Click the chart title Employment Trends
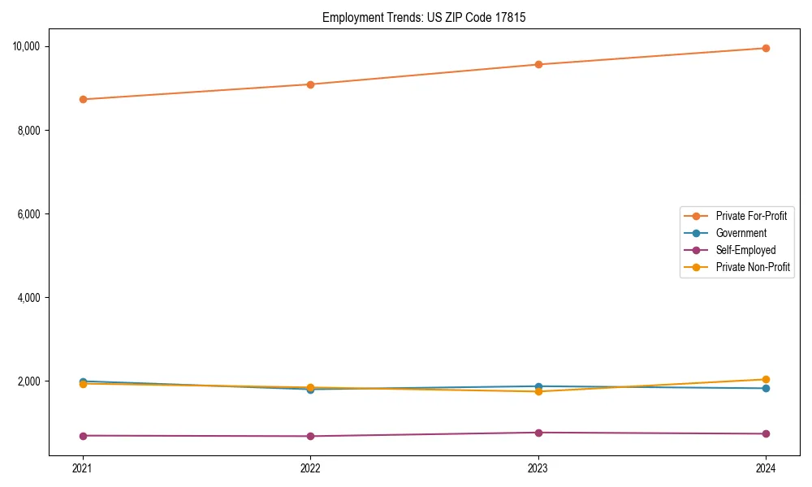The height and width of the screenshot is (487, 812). (x=424, y=17)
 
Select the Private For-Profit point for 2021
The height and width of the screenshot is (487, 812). (x=83, y=99)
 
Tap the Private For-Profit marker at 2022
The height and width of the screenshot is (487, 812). (x=310, y=84)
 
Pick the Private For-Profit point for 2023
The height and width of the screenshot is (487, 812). (x=538, y=64)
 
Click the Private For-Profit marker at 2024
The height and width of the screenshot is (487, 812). (x=766, y=48)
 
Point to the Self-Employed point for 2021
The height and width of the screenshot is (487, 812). (x=83, y=436)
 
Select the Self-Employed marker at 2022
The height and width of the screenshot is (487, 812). (x=310, y=437)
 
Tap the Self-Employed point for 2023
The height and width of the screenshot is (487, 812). (x=538, y=433)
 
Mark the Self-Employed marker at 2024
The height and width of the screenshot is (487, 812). (x=766, y=433)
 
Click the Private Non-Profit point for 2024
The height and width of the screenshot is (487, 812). (x=766, y=379)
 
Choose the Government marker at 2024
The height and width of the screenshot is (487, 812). (x=766, y=388)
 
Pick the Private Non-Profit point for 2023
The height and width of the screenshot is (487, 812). (x=538, y=391)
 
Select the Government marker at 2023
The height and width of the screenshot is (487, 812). (x=538, y=386)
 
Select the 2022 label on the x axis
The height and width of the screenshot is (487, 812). (x=310, y=468)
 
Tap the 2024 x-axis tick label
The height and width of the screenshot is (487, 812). (x=766, y=468)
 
